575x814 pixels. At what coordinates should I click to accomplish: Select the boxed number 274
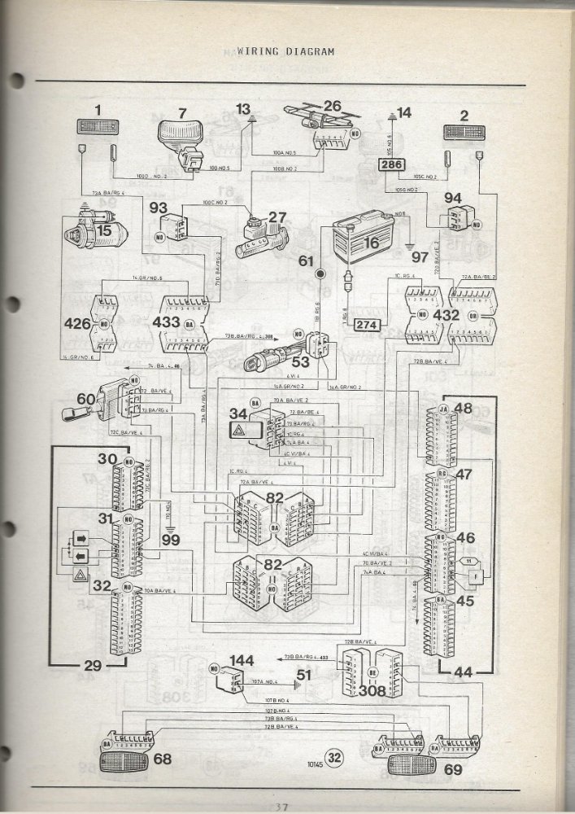coord(367,326)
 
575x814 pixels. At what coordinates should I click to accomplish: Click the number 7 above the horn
coord(182,113)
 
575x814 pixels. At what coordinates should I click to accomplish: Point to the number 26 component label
coord(332,106)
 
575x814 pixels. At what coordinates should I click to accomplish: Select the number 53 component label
coord(300,361)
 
